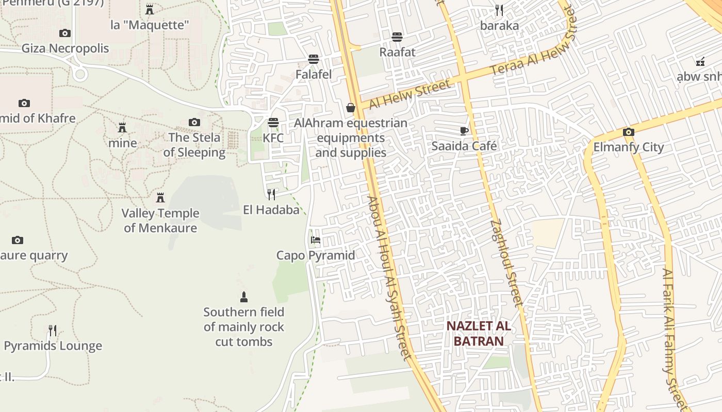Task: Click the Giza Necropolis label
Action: [65, 48]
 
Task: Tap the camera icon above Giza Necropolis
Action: [64, 33]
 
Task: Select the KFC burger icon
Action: [273, 123]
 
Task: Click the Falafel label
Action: [314, 74]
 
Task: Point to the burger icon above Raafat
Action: [397, 37]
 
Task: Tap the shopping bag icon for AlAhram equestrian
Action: [351, 108]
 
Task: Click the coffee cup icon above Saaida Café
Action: [464, 131]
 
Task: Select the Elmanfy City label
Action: [629, 147]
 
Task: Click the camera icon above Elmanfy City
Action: [628, 132]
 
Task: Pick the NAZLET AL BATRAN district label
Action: [479, 333]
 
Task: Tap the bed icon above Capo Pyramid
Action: [316, 240]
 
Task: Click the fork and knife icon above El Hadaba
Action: [271, 194]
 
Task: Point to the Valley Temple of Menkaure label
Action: [160, 220]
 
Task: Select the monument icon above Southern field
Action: [244, 297]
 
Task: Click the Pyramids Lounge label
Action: [53, 346]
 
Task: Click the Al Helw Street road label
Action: [409, 94]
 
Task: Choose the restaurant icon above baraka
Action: [499, 10]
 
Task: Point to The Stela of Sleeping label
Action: [194, 145]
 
